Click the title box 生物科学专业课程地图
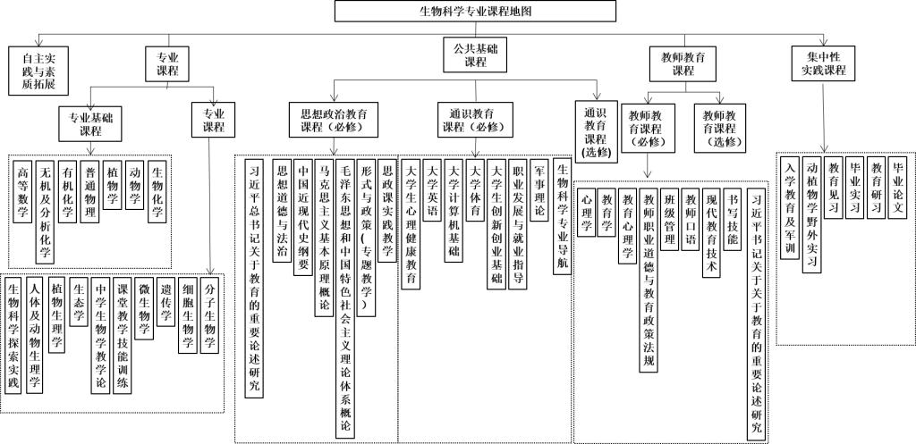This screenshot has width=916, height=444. coord(475,11)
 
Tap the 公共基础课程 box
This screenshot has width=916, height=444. coord(476,54)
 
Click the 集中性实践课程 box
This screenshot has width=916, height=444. coord(823,63)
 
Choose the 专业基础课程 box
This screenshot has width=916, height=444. coord(90,123)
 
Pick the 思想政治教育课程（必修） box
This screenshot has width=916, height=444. coord(333,120)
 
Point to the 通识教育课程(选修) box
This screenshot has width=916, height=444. coord(596,131)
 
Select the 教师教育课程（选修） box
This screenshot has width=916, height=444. coord(720,128)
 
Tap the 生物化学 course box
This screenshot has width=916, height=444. coord(157,192)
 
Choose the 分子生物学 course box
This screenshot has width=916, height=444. coord(208,315)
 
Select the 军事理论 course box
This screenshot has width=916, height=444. coord(539,189)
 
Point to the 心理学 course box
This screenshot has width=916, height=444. coord(586,212)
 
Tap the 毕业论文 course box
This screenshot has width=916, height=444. coord(896,188)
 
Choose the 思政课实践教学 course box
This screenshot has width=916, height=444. coord(386,209)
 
